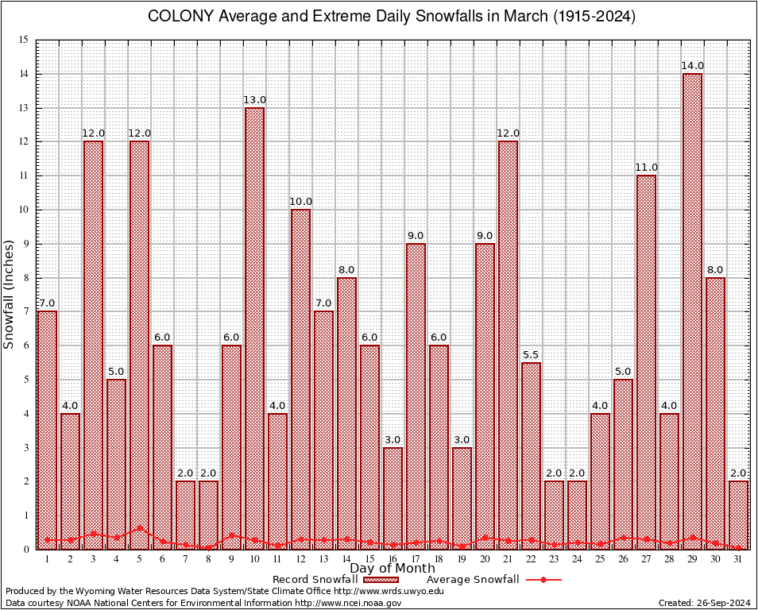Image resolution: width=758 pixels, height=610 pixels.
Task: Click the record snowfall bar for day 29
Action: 692,310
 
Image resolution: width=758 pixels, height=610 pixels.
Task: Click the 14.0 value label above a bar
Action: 692,66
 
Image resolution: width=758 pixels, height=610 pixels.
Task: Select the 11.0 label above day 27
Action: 646,168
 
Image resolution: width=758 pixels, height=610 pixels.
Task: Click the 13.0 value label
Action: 254,100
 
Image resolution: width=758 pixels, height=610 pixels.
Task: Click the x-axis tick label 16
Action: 393,559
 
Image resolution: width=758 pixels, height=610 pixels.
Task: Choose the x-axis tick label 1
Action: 47,559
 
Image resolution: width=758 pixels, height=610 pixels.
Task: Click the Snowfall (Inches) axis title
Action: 10,294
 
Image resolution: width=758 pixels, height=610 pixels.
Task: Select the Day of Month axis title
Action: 393,569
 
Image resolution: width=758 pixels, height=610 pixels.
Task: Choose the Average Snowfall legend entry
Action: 473,580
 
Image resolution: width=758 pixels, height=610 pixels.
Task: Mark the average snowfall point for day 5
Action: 139,527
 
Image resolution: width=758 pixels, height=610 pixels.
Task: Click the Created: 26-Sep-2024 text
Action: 704,604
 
